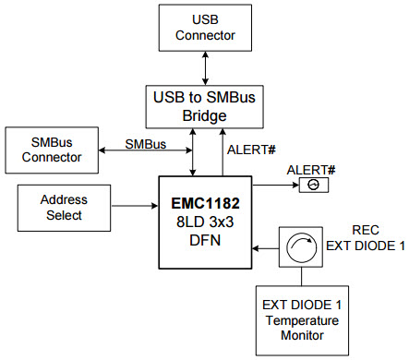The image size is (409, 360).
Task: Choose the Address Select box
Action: tap(63, 208)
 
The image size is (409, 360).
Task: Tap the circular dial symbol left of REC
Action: tap(300, 248)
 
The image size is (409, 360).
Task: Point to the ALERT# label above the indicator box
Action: tap(310, 169)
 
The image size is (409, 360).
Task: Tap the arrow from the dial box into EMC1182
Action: tap(266, 247)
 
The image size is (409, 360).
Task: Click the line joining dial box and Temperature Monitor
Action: tap(300, 277)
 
